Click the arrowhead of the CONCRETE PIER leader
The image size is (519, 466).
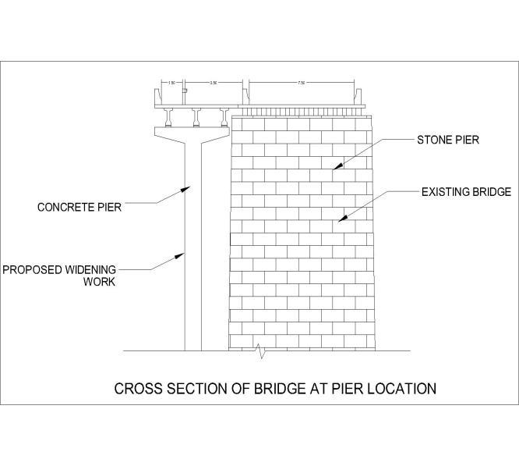(189, 187)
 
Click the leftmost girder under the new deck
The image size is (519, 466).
(169, 117)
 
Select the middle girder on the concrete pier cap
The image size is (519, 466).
(197, 117)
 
